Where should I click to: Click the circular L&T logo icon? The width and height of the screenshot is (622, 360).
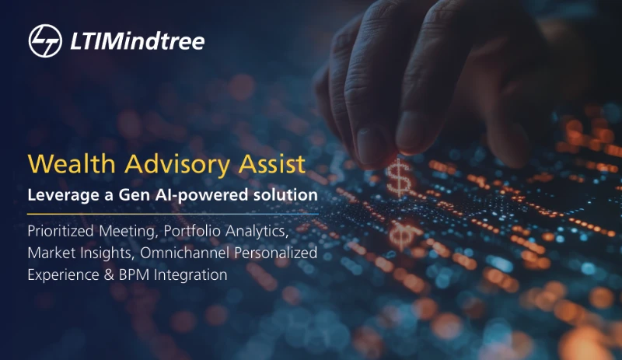pos(45,41)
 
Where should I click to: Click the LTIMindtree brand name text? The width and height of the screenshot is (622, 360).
pos(138,41)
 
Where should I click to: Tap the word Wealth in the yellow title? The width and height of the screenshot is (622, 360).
pos(72,163)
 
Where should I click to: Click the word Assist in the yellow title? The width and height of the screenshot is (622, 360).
pos(272,163)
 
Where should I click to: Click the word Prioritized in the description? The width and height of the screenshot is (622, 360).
pos(61,231)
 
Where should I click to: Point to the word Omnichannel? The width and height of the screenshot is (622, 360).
pos(184,253)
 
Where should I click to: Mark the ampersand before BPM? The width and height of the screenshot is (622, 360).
pos(109,274)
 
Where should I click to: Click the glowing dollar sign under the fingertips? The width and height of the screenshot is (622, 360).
pos(399,177)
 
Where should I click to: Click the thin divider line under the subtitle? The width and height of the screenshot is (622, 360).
pos(173,214)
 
